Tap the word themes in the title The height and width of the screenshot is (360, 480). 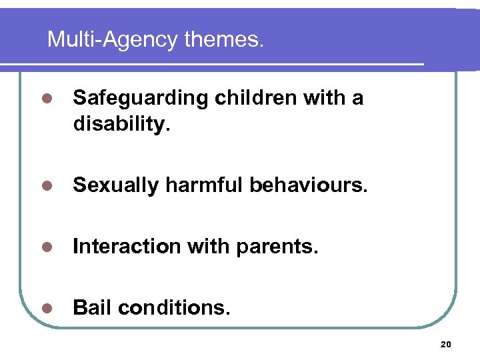tap(224, 40)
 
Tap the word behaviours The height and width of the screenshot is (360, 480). tap(309, 185)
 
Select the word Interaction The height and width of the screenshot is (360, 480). tap(127, 247)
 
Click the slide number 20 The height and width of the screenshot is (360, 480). tap(446, 344)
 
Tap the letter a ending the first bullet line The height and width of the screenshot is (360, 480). tap(358, 99)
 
